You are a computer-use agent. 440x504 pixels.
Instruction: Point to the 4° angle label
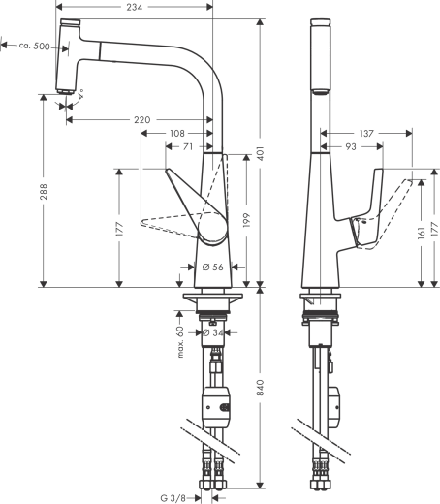pyautogui.click(x=82, y=94)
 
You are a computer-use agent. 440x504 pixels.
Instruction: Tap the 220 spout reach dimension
pyautogui.click(x=141, y=120)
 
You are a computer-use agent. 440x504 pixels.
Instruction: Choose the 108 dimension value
pyautogui.click(x=177, y=134)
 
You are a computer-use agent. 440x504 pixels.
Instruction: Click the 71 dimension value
pyautogui.click(x=186, y=147)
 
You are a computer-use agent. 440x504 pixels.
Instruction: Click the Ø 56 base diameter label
pyautogui.click(x=210, y=267)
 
